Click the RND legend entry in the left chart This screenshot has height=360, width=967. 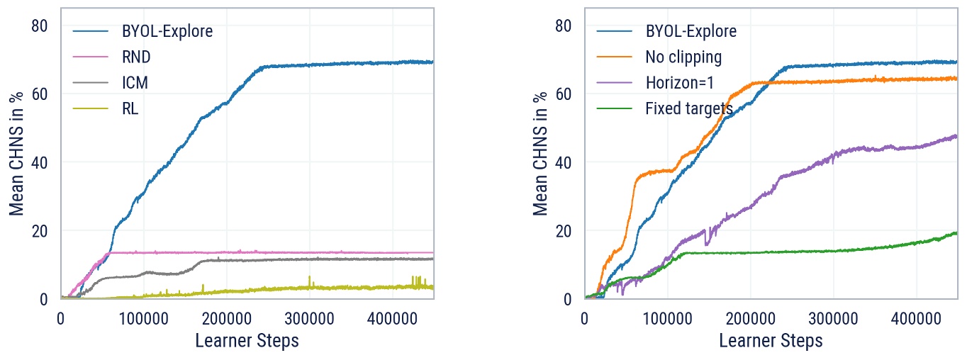[136, 57]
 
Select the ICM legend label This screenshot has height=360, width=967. [135, 82]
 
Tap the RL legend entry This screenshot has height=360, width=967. [130, 108]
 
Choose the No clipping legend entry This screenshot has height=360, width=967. [683, 57]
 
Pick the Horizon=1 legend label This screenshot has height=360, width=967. [679, 82]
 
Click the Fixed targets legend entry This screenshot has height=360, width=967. [689, 108]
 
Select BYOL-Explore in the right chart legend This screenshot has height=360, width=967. [691, 31]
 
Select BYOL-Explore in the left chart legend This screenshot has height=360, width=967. [167, 31]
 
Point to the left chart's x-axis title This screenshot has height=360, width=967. [247, 341]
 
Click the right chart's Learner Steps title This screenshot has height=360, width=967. [771, 341]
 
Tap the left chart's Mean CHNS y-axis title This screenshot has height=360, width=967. [17, 153]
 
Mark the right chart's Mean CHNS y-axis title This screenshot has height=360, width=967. [541, 153]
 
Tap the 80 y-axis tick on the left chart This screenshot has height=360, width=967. [40, 26]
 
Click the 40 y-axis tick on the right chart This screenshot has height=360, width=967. [564, 162]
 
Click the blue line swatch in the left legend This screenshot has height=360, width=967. [91, 31]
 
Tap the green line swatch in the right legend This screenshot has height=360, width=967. [615, 108]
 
